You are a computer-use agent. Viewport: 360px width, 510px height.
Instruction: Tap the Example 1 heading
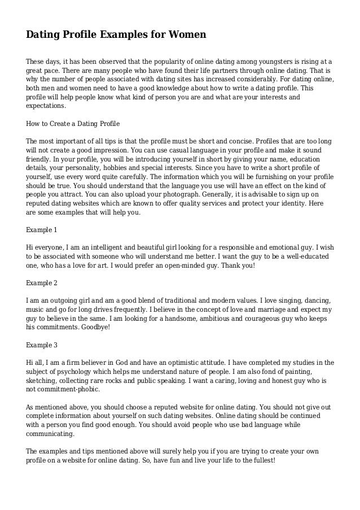pyautogui.click(x=42, y=230)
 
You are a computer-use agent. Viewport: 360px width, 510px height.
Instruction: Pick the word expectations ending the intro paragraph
pyautogui.click(x=46, y=106)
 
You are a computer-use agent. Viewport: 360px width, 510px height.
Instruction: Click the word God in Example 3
pyautogui.click(x=130, y=362)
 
